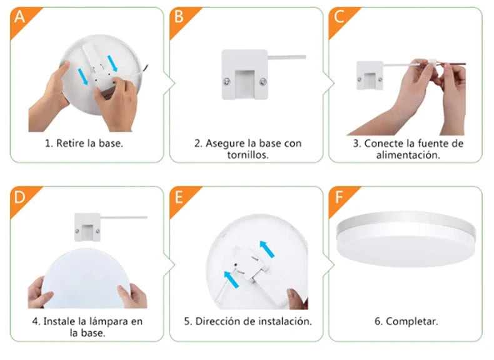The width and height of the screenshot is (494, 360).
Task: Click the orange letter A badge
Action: pyautogui.click(x=19, y=17)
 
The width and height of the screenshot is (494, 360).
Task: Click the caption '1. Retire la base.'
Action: pyautogui.click(x=84, y=143)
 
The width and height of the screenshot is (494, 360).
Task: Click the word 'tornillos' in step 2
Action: pyautogui.click(x=248, y=155)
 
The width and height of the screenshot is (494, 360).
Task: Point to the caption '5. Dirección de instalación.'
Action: pyautogui.click(x=248, y=321)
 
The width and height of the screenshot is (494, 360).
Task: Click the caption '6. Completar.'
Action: pyautogui.click(x=406, y=321)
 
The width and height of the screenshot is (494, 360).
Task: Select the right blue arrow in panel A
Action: pyautogui.click(x=113, y=62)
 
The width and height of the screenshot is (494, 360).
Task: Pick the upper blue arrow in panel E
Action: pyautogui.click(x=268, y=248)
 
